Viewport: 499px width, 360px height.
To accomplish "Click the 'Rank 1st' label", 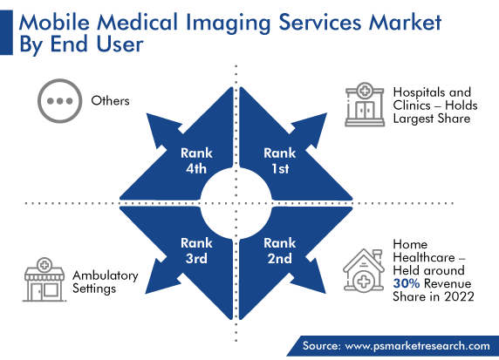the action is click(x=280, y=161).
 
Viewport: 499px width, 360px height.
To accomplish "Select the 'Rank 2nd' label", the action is click(x=280, y=251).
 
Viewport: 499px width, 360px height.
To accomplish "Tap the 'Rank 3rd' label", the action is click(x=196, y=251).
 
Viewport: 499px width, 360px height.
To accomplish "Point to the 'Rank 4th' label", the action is click(x=196, y=161).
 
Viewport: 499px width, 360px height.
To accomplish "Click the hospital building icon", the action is click(x=365, y=105).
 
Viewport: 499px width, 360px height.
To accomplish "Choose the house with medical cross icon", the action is click(x=364, y=270).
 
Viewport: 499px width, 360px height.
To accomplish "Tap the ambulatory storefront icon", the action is click(x=44, y=280).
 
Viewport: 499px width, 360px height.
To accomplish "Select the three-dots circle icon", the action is click(x=60, y=101).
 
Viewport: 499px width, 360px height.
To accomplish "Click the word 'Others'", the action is click(x=110, y=101).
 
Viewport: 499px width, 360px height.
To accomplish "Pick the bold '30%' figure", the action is click(x=406, y=283).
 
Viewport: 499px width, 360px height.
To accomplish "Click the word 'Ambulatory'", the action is click(x=106, y=275).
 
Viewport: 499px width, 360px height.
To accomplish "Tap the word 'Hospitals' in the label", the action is click(x=419, y=92).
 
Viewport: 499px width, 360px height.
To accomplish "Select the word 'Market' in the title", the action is click(x=405, y=23).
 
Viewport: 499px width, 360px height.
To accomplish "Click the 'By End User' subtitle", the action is click(x=81, y=44).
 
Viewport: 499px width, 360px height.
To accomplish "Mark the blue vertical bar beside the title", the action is click(x=6, y=32).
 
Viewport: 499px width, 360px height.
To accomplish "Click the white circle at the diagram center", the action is click(x=236, y=203).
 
